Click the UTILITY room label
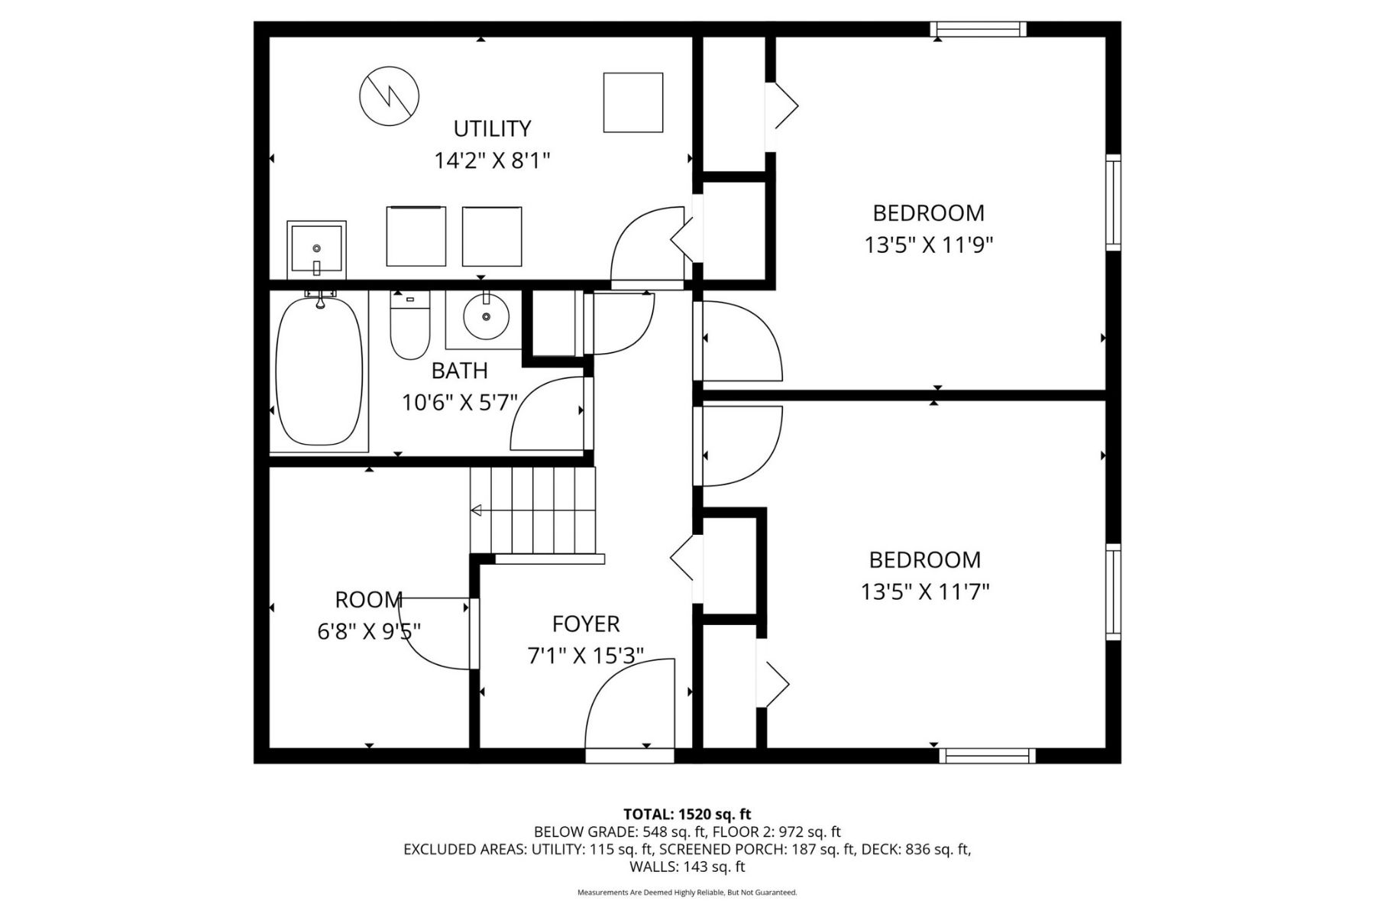(492, 128)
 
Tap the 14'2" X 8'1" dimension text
(492, 161)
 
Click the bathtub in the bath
(319, 371)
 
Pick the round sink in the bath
(486, 316)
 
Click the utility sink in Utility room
(316, 250)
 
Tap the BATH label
(459, 371)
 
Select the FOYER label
(586, 624)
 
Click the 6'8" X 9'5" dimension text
(369, 631)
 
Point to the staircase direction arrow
(477, 510)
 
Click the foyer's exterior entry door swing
(631, 707)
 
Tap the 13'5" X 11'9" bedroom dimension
(928, 245)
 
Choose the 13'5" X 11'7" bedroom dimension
(925, 592)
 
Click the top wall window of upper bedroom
(978, 29)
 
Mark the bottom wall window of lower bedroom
(987, 756)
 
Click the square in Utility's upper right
(632, 102)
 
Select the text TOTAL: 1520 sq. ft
(687, 815)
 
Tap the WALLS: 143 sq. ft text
(687, 867)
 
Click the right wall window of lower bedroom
(1114, 591)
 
